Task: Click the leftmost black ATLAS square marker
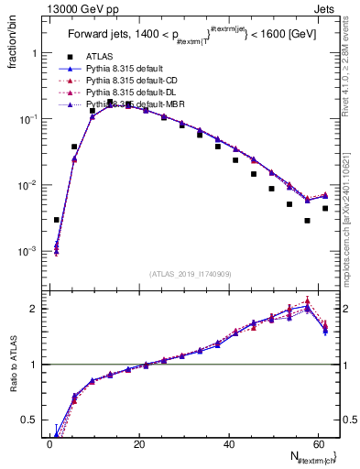click(57, 220)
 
